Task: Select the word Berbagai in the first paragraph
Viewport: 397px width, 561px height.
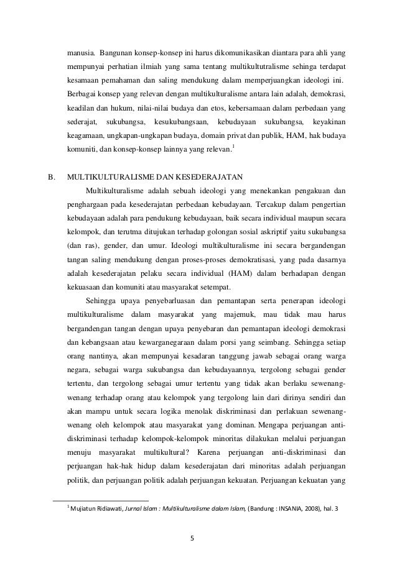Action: [82, 94]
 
